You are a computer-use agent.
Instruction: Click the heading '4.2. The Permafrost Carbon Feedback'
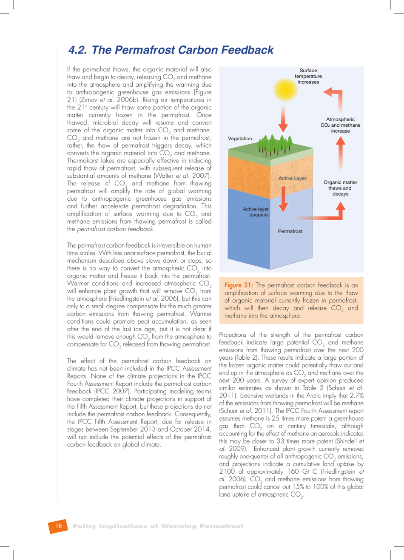171,50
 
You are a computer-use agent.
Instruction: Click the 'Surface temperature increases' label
308,77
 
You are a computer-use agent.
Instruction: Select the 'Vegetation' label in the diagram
240,139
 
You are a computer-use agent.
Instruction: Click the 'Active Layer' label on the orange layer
292,178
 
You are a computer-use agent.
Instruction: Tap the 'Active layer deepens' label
256,212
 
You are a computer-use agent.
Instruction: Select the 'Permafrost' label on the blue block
290,231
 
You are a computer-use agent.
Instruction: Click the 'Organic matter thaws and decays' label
340,188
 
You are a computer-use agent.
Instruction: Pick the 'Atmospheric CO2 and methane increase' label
340,125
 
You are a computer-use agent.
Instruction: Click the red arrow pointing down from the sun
283,117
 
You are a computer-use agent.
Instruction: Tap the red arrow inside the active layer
283,198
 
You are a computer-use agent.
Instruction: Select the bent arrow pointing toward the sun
335,98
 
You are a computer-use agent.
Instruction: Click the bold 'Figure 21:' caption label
239,285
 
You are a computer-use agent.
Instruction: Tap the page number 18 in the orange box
59,526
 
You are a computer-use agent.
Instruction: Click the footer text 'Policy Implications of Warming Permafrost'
158,526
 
